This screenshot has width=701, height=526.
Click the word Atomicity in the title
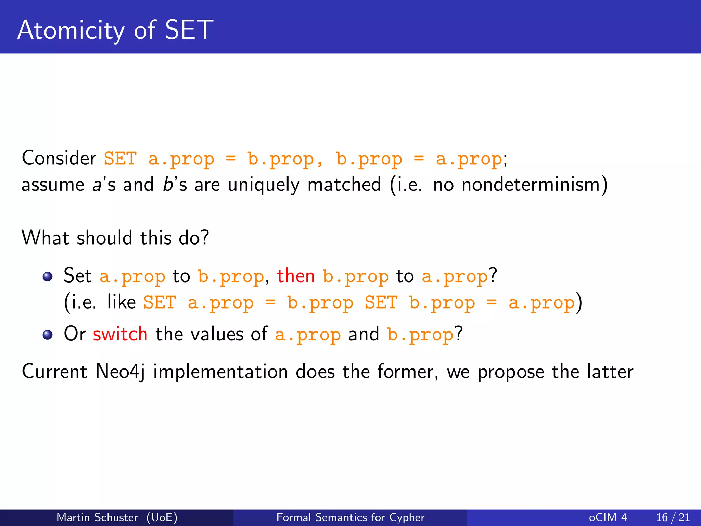click(x=71, y=30)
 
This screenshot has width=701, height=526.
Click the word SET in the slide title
click(x=189, y=30)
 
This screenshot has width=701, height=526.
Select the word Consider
click(x=59, y=158)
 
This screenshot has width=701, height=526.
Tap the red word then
click(x=296, y=276)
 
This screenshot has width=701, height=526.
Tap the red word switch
click(x=120, y=334)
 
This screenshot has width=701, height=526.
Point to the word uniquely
click(x=264, y=185)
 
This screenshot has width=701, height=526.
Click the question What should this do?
click(x=115, y=238)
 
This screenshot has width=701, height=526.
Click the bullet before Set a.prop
click(x=48, y=277)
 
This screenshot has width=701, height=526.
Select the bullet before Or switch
click(x=48, y=335)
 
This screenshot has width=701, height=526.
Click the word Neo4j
click(x=120, y=372)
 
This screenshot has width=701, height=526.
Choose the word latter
click(x=610, y=372)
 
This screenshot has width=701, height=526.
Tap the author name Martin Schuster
click(x=97, y=517)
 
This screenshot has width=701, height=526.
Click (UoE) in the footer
click(x=162, y=517)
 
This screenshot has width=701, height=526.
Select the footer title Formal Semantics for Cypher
click(x=350, y=517)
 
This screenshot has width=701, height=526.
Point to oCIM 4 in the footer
click(x=608, y=517)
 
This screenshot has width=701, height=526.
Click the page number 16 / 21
click(x=673, y=517)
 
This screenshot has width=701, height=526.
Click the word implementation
click(x=220, y=372)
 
